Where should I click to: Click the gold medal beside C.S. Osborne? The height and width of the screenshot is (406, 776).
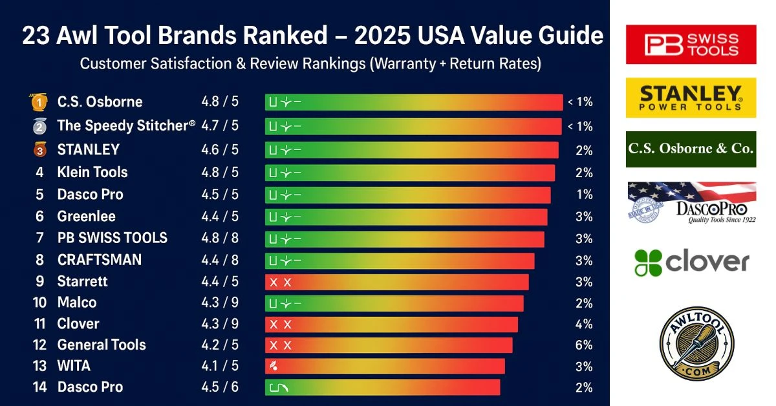click(38, 102)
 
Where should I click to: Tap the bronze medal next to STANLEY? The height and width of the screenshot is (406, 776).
click(39, 149)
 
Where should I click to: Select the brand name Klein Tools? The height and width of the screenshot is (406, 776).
click(92, 173)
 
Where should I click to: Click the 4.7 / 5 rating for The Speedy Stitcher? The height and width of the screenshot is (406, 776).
click(220, 125)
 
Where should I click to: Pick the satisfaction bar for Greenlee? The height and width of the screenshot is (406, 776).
click(406, 217)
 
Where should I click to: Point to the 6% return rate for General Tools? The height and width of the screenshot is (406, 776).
click(584, 345)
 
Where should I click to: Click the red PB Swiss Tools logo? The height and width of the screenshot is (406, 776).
click(691, 44)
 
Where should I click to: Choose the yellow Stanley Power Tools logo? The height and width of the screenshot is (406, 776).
click(691, 98)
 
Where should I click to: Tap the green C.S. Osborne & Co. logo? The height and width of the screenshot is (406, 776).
click(691, 149)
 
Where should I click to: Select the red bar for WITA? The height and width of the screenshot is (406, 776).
click(385, 367)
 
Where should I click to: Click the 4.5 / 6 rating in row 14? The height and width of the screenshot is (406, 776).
click(220, 387)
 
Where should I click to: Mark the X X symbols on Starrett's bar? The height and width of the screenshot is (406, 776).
click(281, 283)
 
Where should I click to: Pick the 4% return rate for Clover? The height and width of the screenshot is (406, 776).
click(584, 324)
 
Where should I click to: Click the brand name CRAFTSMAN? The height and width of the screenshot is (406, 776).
click(99, 260)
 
